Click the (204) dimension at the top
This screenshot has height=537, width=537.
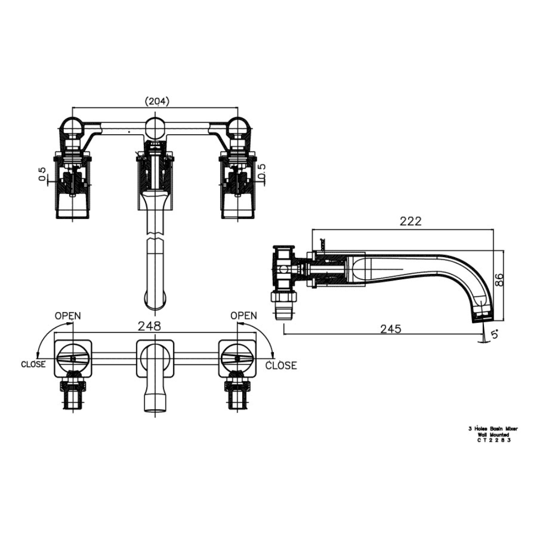(157, 101)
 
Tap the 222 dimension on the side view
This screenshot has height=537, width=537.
(410, 221)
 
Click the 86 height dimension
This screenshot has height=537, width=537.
(499, 279)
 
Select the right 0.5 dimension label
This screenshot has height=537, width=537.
(262, 173)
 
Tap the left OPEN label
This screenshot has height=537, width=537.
(68, 315)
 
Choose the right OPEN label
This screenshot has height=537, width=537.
(243, 315)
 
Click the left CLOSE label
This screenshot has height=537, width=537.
(34, 364)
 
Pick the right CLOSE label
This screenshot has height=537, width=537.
(281, 365)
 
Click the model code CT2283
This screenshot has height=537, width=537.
(492, 440)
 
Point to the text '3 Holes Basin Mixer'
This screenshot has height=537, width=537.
(492, 429)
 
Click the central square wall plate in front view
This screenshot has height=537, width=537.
(155, 358)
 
